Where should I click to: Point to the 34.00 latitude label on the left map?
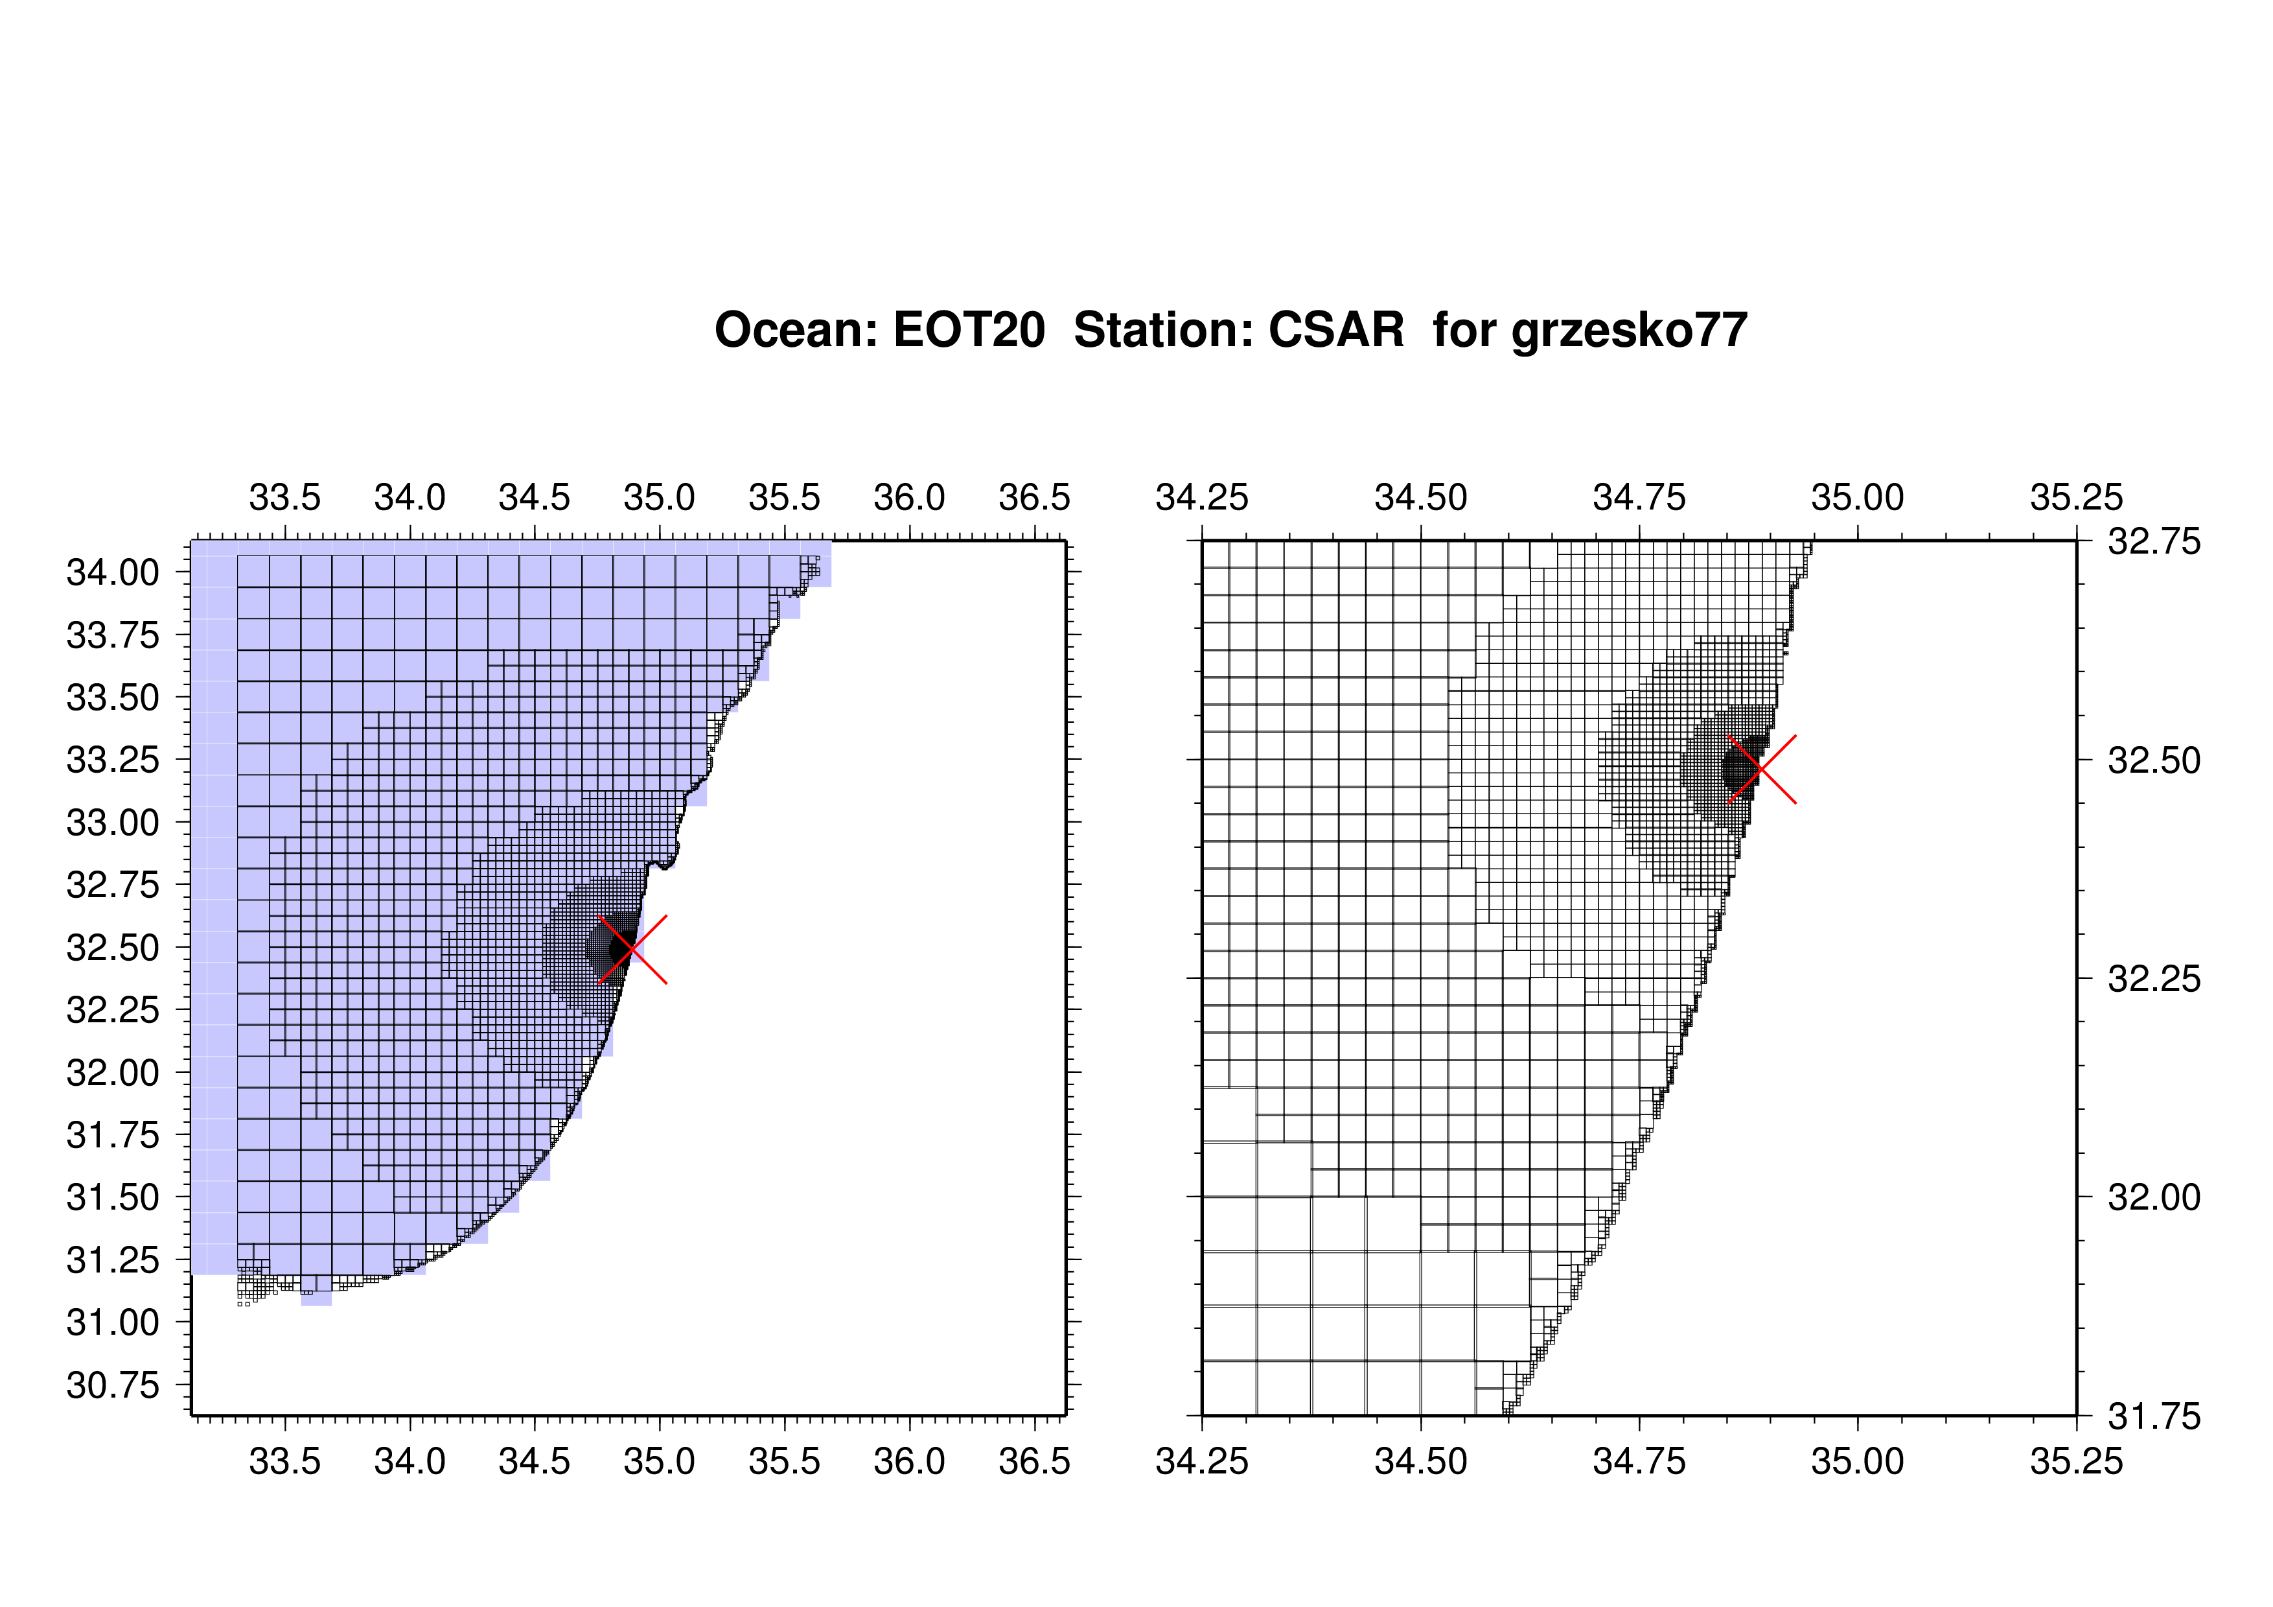pos(112,572)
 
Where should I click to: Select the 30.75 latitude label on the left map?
pos(112,1385)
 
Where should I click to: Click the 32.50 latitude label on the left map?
pos(112,948)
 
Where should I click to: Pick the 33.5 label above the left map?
pos(285,497)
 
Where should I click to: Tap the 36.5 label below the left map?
pos(1035,1461)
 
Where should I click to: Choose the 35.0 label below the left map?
pos(660,1461)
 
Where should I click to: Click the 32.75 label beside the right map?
pos(2154,541)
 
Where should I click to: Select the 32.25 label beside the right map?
pos(2154,979)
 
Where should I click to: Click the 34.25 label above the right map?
pos(1202,497)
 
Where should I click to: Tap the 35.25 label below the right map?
pos(2077,1461)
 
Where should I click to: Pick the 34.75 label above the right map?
pos(1639,497)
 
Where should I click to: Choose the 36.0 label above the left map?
pos(910,497)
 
